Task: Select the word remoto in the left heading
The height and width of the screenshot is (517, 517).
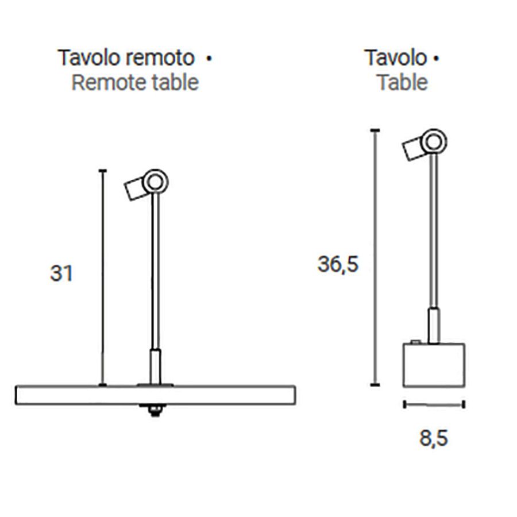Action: [160, 58]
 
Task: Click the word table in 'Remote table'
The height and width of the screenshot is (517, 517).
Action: [173, 82]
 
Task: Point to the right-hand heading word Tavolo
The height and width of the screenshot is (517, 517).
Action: [396, 57]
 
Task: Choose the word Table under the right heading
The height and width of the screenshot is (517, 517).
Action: [402, 82]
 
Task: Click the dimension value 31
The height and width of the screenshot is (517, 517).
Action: [61, 273]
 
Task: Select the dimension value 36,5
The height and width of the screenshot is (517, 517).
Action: [338, 264]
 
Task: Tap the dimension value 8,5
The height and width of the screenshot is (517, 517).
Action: [433, 438]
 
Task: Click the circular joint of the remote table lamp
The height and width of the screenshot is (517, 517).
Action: [155, 182]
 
